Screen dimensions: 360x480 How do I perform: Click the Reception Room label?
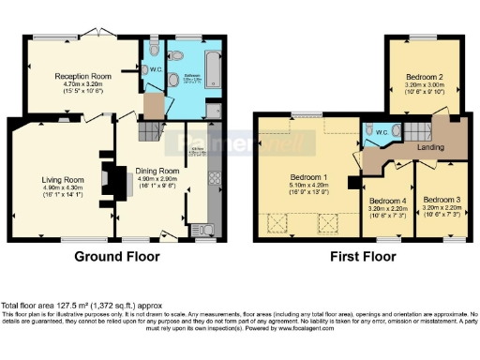83,76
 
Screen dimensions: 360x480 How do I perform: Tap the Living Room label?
64,179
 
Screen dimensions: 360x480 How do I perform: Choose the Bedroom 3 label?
441,199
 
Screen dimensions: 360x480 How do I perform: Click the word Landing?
431,145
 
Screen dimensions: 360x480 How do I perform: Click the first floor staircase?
413,130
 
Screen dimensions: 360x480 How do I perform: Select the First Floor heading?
361,257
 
